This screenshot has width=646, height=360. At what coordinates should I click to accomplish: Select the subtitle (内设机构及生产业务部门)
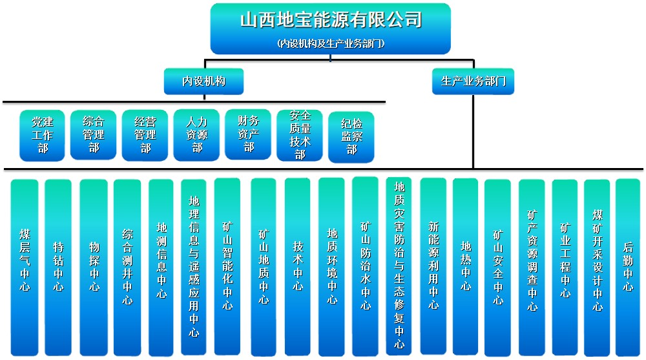point(330,44)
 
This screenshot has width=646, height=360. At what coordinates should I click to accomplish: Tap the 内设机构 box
point(203,81)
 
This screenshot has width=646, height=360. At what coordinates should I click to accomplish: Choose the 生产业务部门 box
point(473,81)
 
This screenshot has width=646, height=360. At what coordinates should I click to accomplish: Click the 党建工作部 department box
point(43,135)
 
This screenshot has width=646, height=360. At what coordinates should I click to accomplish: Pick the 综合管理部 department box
point(94,135)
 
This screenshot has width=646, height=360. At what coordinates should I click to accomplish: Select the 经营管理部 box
point(145,135)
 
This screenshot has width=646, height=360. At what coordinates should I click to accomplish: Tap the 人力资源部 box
point(197,135)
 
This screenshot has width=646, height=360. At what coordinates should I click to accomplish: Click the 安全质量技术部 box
point(300,135)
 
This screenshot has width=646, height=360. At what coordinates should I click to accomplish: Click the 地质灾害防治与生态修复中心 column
point(399,266)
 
